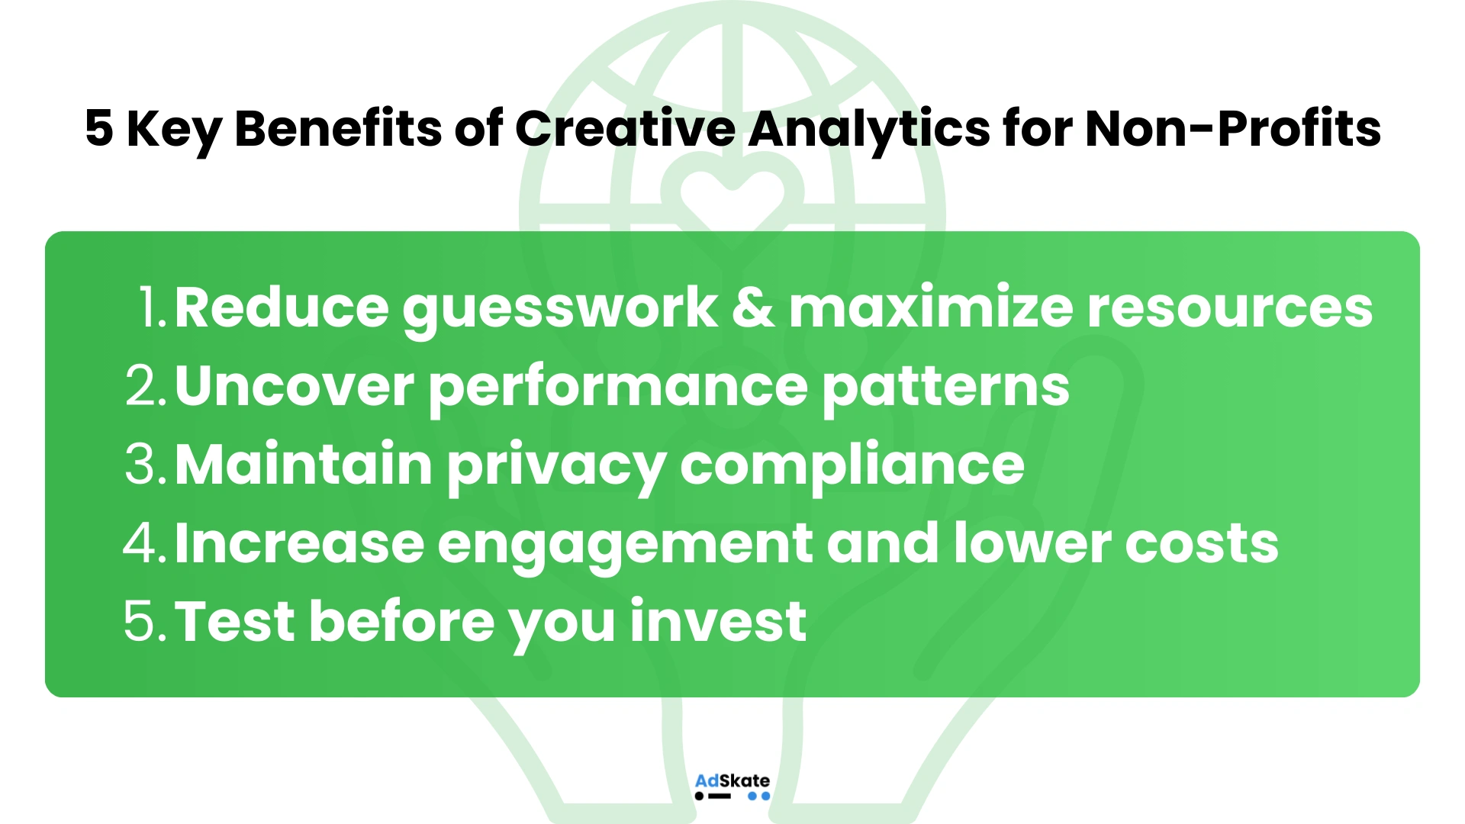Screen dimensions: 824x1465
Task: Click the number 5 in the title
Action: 99,128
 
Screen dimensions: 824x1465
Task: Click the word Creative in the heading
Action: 625,128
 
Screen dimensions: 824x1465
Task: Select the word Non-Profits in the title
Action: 1232,128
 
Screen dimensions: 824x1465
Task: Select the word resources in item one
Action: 1229,308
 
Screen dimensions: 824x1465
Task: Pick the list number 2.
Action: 145,387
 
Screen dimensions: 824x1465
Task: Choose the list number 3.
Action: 145,465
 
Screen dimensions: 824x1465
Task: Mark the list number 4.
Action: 143,544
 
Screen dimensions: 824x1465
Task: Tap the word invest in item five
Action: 718,622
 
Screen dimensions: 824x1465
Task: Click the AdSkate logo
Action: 732,787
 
